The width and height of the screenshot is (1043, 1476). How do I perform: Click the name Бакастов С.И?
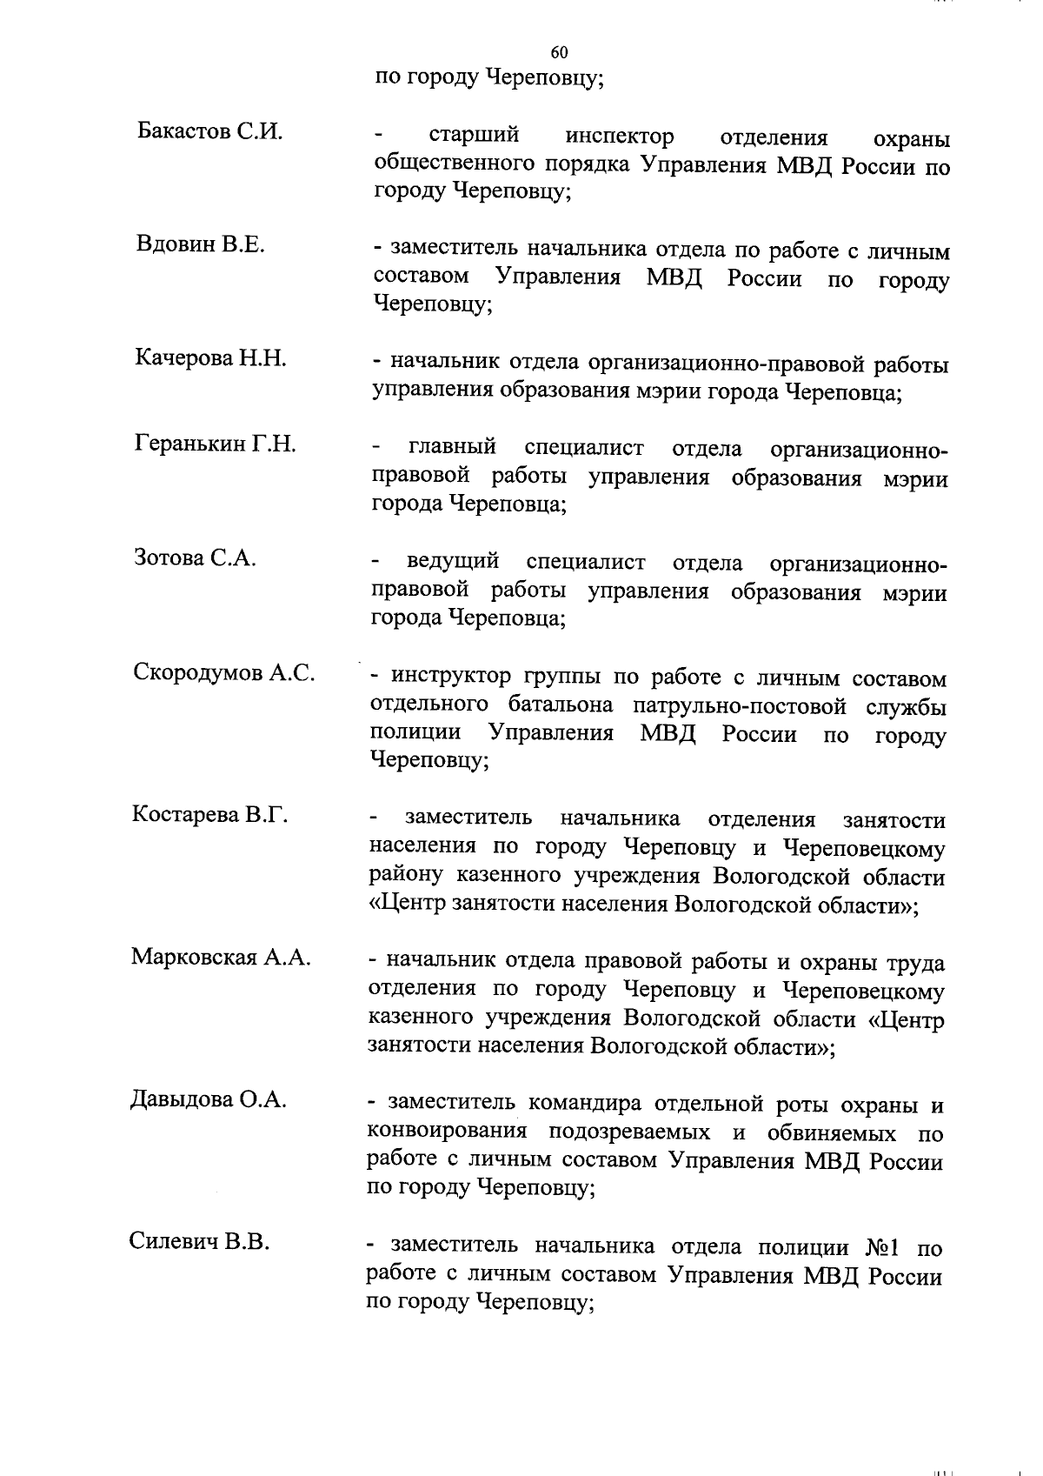[x=210, y=132]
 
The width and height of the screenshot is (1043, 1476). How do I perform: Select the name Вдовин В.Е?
[x=201, y=244]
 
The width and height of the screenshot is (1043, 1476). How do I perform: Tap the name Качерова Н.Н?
[x=211, y=357]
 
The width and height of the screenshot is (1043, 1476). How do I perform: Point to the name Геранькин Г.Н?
[x=216, y=444]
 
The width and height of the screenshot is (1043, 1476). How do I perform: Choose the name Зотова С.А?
[x=196, y=558]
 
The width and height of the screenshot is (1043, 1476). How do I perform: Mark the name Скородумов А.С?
[x=224, y=672]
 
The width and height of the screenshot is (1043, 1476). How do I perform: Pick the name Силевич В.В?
[x=200, y=1241]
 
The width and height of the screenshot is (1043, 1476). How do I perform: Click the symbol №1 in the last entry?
[x=885, y=1249]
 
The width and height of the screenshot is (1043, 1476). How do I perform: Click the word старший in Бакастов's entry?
[x=475, y=136]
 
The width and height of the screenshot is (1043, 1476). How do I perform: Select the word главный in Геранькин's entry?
[x=452, y=448]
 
